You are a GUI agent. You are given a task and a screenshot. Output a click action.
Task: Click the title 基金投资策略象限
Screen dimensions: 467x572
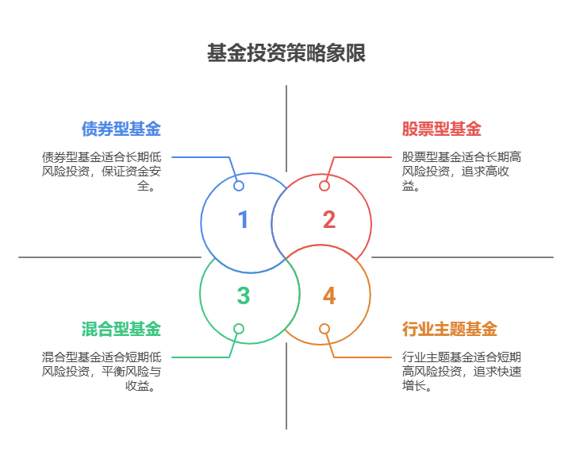[286, 54]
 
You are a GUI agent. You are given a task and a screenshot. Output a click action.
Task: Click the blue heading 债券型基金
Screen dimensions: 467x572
[121, 129]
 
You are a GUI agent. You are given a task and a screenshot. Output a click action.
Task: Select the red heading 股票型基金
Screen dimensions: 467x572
[442, 129]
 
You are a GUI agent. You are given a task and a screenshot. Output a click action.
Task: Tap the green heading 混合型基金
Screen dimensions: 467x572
[121, 329]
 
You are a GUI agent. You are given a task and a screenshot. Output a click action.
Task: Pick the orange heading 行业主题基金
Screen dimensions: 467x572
[450, 329]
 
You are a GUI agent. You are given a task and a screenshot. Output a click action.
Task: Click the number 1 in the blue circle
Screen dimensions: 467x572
[243, 220]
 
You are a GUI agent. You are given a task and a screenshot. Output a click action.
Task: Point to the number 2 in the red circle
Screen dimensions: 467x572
[328, 220]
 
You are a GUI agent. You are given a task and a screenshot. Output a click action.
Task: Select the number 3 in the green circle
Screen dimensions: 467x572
[243, 296]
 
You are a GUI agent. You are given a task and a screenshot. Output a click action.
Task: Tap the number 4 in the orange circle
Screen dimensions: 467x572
[329, 296]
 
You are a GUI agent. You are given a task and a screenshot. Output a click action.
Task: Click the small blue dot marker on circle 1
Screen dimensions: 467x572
[239, 186]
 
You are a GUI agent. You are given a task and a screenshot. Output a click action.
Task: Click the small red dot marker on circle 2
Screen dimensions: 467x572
[324, 186]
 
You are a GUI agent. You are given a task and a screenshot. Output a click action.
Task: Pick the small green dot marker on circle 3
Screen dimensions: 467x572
[239, 328]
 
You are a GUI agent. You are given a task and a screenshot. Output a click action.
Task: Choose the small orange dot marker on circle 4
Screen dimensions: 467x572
[324, 328]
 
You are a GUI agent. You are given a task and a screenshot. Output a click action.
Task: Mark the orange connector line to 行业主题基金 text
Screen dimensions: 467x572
[365, 357]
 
